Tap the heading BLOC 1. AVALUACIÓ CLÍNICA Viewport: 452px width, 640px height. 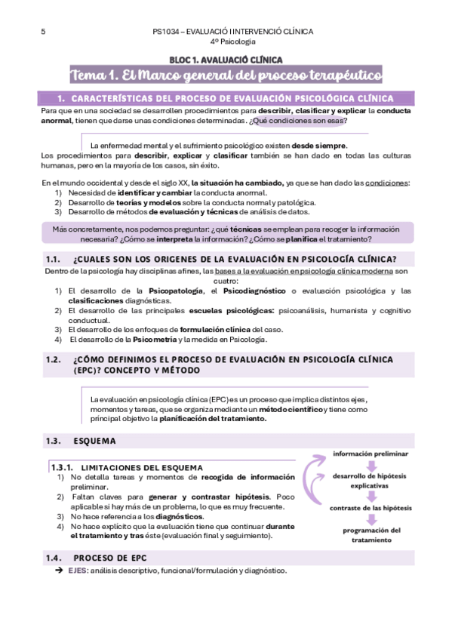pyautogui.click(x=226, y=59)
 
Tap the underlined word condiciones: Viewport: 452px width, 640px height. pyautogui.click(x=387, y=183)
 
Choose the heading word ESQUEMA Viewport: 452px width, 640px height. pyautogui.click(x=94, y=441)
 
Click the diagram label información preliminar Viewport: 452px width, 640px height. pyautogui.click(x=371, y=454)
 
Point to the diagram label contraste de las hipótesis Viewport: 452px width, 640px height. pyautogui.click(x=371, y=508)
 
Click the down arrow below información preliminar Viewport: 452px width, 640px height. pyautogui.click(x=371, y=464)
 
